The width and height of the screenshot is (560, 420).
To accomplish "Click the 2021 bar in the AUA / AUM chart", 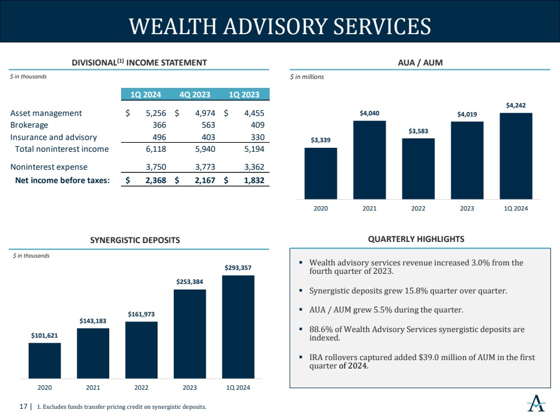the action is click(x=369, y=160).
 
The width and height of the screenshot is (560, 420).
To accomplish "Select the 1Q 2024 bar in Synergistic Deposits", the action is click(x=238, y=327).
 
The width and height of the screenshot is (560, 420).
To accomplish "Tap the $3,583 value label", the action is click(x=418, y=131).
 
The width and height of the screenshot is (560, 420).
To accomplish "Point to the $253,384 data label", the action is click(x=189, y=282).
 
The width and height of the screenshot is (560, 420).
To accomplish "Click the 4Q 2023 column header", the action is click(x=195, y=95).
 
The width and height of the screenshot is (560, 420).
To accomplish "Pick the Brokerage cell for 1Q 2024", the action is click(x=159, y=125).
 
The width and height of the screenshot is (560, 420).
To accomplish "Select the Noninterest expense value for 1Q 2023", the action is click(x=254, y=167).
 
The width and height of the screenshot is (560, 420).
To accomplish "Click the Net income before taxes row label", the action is click(x=62, y=180).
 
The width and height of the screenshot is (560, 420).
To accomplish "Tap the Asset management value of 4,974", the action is click(x=205, y=113).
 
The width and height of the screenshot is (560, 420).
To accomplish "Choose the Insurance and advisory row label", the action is click(x=54, y=137).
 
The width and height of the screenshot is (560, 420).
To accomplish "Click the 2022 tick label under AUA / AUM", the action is click(x=418, y=208).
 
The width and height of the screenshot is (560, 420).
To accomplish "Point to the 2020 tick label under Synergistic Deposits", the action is click(x=45, y=388).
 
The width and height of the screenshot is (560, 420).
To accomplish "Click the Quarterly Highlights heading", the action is click(x=416, y=239).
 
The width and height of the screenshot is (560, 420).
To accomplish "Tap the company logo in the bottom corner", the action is click(x=536, y=403).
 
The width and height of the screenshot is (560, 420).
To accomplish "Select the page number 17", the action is click(x=23, y=407).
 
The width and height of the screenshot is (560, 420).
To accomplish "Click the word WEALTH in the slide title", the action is click(x=173, y=26).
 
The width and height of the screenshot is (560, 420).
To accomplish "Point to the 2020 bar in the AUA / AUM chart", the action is click(x=321, y=174).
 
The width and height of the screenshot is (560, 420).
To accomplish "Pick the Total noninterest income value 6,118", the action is click(x=156, y=149).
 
